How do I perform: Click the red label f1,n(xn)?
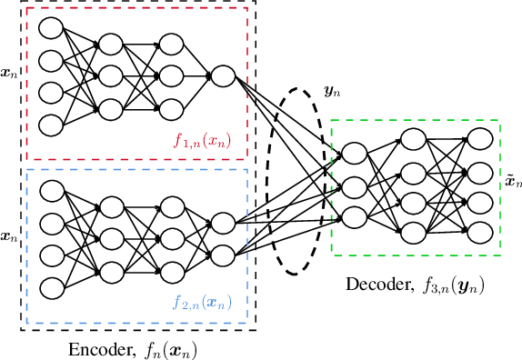[x=207, y=141]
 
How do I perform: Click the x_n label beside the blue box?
[x=9, y=235]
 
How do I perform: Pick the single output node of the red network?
[x=222, y=75]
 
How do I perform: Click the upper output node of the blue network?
[x=222, y=222]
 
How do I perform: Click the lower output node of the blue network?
[x=222, y=254]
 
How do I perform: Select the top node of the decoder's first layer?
[x=355, y=152]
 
